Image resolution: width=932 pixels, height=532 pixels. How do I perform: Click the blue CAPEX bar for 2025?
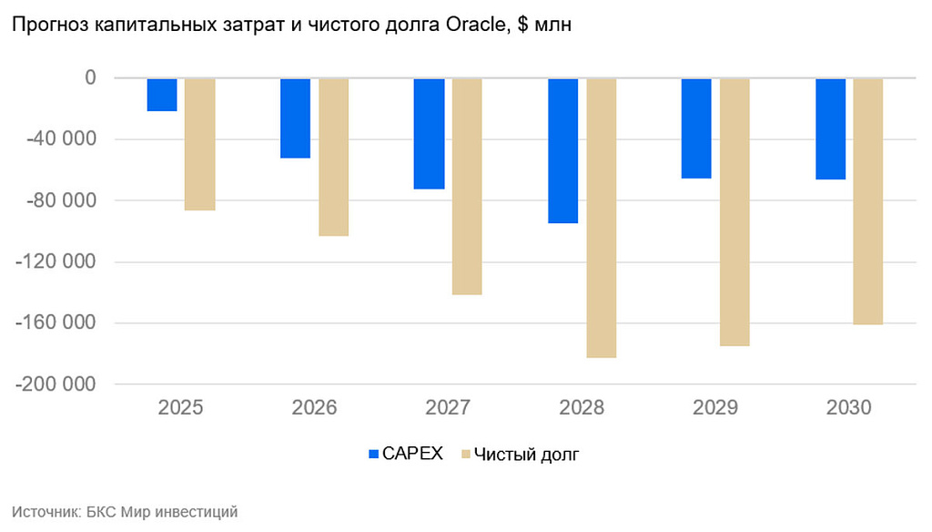pos(162,95)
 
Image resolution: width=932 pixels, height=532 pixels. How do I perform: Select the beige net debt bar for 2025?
pos(200,144)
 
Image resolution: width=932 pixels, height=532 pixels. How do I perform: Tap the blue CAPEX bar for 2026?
pos(295,118)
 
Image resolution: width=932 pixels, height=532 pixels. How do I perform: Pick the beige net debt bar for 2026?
pos(333,157)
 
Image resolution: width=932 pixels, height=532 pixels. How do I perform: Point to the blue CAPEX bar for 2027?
pos(429,134)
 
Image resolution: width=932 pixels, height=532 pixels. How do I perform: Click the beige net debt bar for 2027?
pos(467,186)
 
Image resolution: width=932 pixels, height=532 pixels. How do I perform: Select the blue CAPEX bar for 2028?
pos(562,150)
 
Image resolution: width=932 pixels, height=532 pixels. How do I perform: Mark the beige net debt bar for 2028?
pos(601,218)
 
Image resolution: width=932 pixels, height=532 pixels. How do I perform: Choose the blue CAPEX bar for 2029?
pos(696,128)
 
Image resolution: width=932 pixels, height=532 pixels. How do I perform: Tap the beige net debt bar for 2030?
pos(867,201)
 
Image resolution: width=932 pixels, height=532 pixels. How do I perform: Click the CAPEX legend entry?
pos(404,454)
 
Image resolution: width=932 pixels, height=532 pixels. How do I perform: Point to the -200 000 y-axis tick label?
pos(55,384)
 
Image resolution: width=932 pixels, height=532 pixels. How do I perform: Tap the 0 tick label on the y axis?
pos(90,78)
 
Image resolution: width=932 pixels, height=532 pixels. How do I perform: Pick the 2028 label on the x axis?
pos(582,407)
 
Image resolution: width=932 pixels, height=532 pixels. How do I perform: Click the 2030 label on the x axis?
pos(849,407)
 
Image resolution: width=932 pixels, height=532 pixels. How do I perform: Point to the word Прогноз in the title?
pos(44,26)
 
